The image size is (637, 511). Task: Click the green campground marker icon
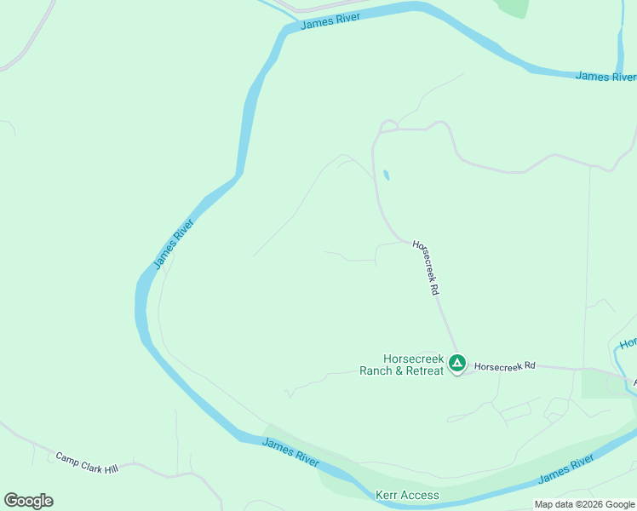(457, 364)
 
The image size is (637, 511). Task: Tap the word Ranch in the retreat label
(376, 370)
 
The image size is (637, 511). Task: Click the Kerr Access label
(407, 495)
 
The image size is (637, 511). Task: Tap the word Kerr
(387, 495)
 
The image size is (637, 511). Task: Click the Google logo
(28, 500)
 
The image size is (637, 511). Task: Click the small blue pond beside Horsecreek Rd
(387, 175)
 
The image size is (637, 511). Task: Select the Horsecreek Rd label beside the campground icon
(504, 366)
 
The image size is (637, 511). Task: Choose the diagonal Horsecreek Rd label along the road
(426, 267)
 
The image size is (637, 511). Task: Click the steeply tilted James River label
(175, 244)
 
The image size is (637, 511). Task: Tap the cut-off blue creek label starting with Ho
(627, 343)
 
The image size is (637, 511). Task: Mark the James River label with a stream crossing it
(605, 77)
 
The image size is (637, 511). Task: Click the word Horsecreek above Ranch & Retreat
(414, 359)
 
